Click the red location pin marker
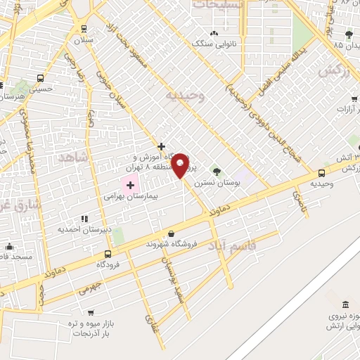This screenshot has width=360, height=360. [x=181, y=165]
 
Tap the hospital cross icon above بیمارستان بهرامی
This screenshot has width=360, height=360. [x=129, y=185]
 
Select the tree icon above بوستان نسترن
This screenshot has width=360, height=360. [x=217, y=170]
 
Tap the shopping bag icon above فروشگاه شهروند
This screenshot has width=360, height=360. [x=171, y=233]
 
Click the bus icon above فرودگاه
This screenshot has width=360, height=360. [x=108, y=254]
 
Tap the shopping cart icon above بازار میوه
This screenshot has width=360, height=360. [x=90, y=311]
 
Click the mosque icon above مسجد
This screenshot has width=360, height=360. [x=9, y=246]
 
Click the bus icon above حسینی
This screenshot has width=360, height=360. [x=40, y=78]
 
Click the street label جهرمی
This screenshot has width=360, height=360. [x=90, y=288]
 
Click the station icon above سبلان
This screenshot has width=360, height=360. [x=84, y=29]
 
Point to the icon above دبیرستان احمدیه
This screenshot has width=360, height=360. [x=84, y=219]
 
